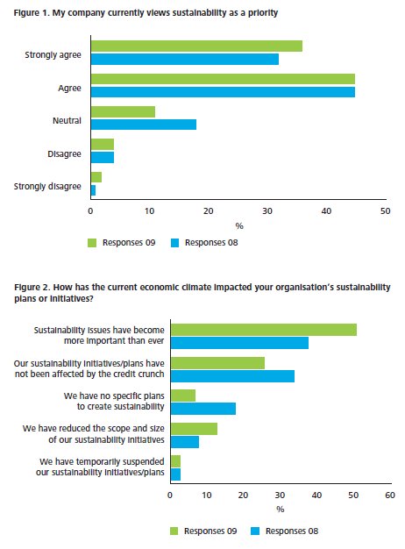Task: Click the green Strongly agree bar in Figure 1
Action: (x=196, y=46)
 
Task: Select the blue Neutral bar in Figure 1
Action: (x=144, y=125)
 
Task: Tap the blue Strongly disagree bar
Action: (x=93, y=190)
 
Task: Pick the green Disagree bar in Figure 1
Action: (x=103, y=144)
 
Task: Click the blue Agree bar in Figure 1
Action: (x=223, y=92)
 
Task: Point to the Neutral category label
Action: (x=67, y=121)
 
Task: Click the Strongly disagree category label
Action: (x=47, y=186)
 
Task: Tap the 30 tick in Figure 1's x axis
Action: (x=267, y=211)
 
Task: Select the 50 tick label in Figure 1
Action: (x=385, y=211)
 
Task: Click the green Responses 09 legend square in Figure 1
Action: (x=92, y=243)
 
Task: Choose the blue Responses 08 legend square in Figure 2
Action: (x=255, y=531)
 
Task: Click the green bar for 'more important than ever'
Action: (x=264, y=330)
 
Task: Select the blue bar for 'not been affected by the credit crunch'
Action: (x=233, y=376)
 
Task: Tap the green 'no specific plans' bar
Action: (x=183, y=396)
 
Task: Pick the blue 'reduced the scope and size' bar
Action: (x=185, y=442)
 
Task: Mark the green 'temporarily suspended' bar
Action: (x=175, y=461)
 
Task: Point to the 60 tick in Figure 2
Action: (x=389, y=496)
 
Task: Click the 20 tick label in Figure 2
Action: (x=243, y=496)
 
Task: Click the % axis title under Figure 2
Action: (x=280, y=509)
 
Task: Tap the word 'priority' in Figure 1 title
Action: (x=263, y=13)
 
